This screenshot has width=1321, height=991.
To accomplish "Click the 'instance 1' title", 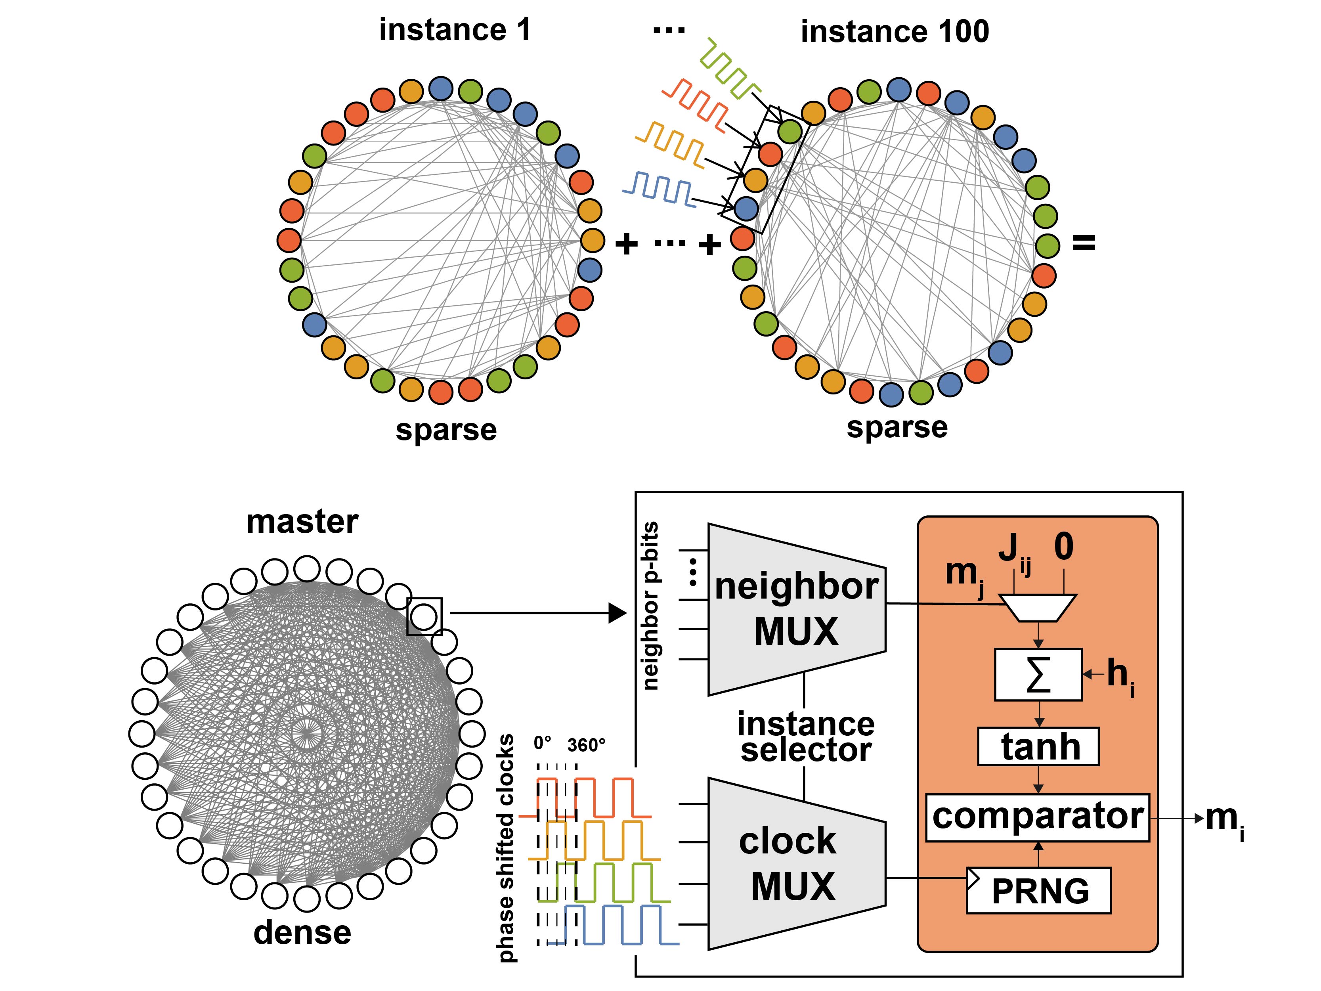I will click(455, 30).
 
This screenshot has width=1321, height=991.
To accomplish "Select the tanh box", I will click(1038, 747).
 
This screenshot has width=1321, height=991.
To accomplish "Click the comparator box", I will click(1037, 817).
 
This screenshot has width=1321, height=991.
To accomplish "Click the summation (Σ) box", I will click(1038, 674).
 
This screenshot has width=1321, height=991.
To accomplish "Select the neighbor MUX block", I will click(796, 609).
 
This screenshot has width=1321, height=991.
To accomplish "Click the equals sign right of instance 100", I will click(1084, 243).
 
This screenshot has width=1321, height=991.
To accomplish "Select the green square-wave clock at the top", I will click(728, 69).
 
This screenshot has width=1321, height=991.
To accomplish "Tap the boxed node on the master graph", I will click(424, 616).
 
